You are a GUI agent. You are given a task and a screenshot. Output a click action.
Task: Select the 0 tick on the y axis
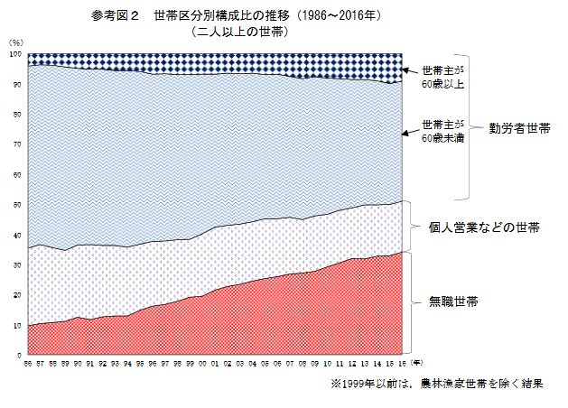[19, 356]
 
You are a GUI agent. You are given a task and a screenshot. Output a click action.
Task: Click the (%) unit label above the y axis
[14, 42]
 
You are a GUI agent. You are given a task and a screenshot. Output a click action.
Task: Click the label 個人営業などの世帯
[485, 227]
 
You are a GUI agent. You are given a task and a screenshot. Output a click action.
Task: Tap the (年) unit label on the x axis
[414, 360]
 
